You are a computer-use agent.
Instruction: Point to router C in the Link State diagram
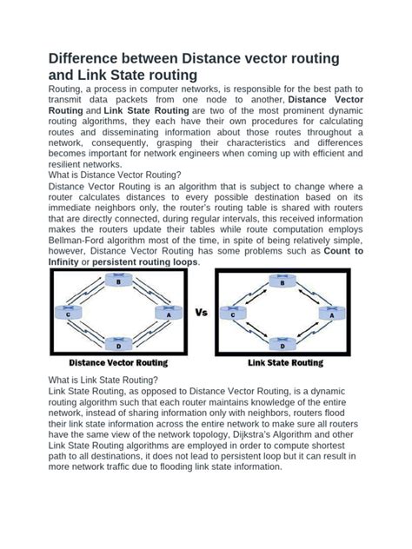[x=234, y=314]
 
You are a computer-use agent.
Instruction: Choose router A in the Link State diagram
[x=331, y=314]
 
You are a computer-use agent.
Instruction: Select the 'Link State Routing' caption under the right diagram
[x=285, y=362]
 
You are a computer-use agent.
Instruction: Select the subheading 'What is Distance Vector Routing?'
[x=120, y=173]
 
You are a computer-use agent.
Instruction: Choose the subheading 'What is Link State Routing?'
[x=103, y=380]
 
